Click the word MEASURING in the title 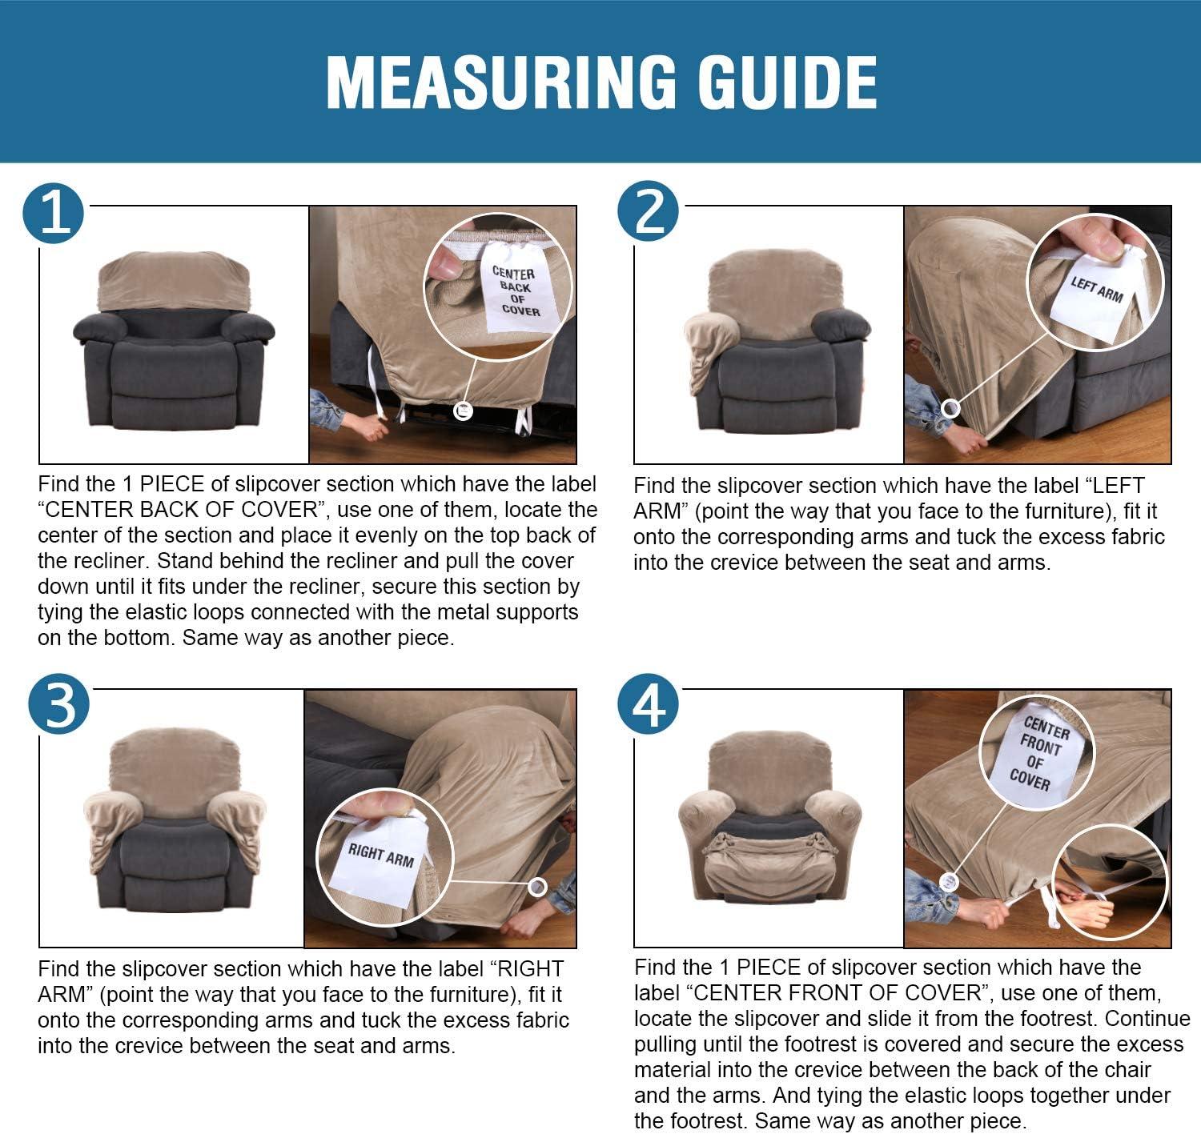pos(500,82)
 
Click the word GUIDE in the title pos(787,82)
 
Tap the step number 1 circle pos(53,214)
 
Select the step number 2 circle pos(649,211)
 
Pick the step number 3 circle pos(58,704)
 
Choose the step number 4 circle pos(649,704)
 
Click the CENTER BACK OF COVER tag pos(516,289)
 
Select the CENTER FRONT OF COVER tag pos(1040,755)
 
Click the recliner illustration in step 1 pos(175,340)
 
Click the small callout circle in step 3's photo pos(537,888)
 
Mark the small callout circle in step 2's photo pos(950,409)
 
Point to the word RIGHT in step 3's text pos(530,969)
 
